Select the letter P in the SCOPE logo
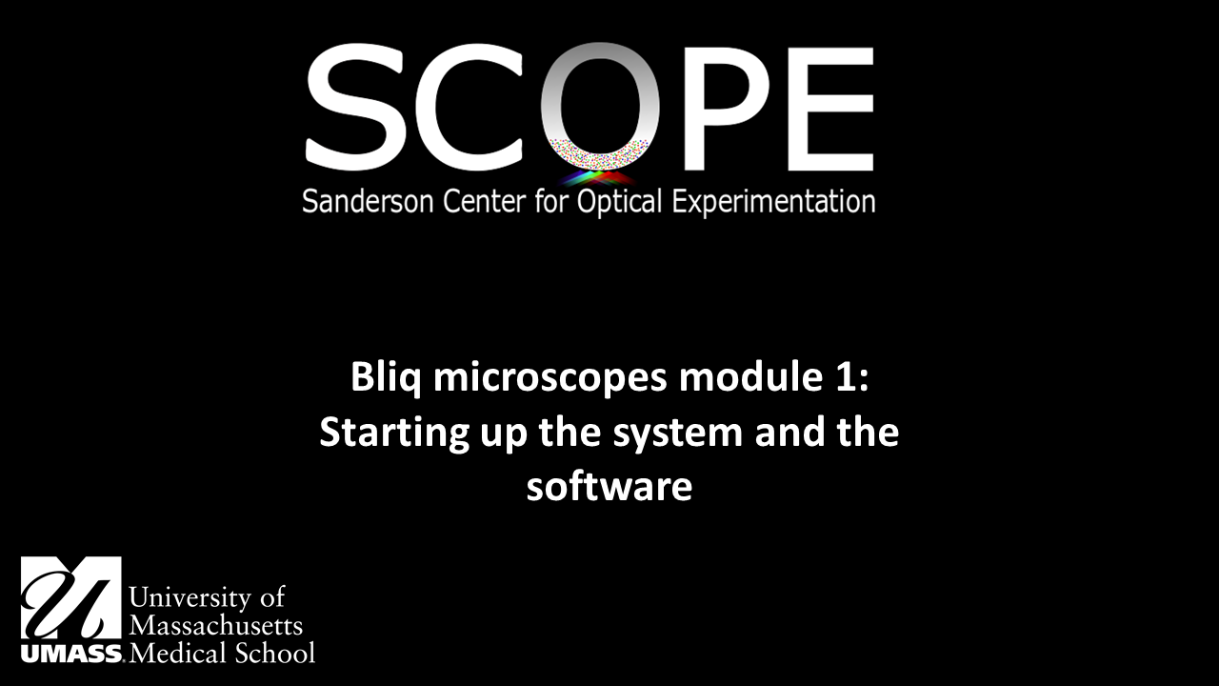point(715,108)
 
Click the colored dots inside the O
point(600,152)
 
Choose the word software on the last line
point(609,487)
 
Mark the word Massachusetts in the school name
point(215,626)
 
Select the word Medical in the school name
point(177,654)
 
